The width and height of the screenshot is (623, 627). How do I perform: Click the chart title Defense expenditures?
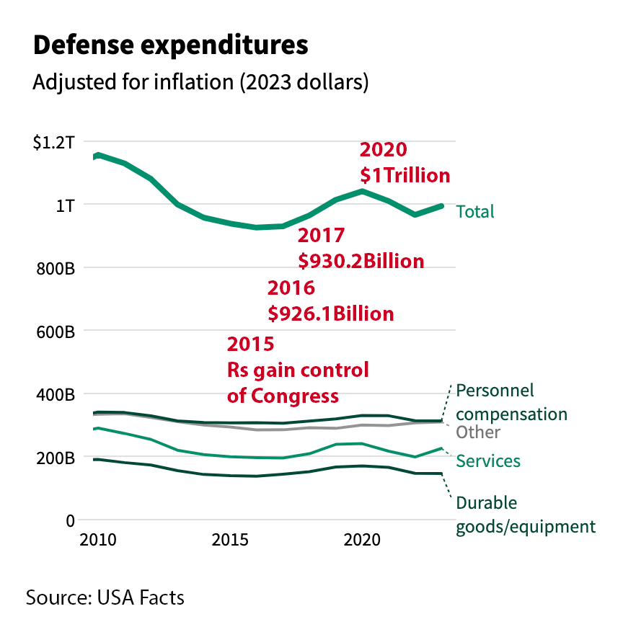pos(170,45)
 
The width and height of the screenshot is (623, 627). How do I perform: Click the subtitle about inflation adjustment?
pos(200,81)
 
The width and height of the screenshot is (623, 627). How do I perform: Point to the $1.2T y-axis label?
pos(53,142)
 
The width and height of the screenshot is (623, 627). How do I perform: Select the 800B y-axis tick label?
pos(55,269)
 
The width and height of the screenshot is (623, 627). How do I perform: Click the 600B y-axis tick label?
pos(55,332)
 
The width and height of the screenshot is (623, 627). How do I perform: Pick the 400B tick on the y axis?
pos(55,395)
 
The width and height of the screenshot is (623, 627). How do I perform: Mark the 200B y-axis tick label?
pos(55,458)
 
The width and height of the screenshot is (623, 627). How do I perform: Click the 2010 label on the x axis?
pos(97,541)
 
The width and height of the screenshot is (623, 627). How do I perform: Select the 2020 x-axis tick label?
pos(362,541)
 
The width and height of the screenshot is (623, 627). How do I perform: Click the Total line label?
pos(474,211)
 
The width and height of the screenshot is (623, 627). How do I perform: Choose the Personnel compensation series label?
pos(511,402)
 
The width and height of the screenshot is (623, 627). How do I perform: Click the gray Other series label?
pos(478,432)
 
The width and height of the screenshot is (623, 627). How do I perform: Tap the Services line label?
pos(488,461)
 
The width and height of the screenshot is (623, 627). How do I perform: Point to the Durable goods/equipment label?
pos(526,515)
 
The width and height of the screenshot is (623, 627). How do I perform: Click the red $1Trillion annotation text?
pos(405,175)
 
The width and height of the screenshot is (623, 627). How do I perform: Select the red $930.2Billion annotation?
pos(361,260)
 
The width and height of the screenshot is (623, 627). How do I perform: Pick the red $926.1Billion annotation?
pos(330,313)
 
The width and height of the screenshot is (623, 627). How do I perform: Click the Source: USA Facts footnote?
pos(105,597)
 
